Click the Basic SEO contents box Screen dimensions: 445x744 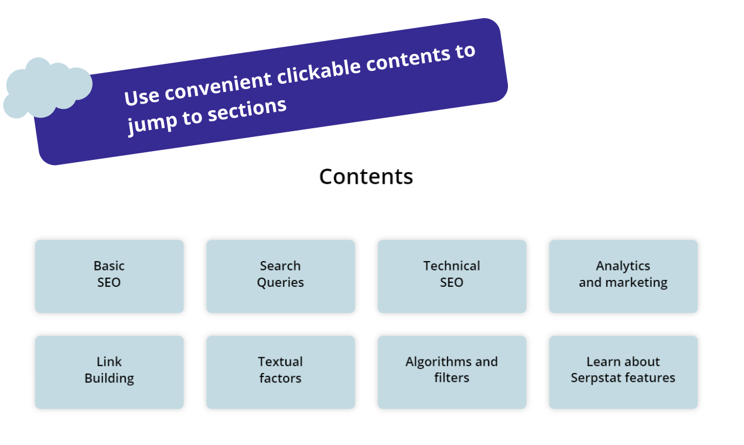coord(109,276)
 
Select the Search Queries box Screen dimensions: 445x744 coord(281,276)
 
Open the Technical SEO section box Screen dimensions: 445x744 coord(452,276)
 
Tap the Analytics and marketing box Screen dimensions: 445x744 coord(623,276)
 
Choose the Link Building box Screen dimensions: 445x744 coord(109,372)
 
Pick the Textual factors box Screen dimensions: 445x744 coord(281,372)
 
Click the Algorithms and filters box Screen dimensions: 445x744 coord(452,372)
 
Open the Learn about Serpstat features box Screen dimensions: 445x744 coord(623,372)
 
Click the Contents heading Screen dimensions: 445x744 coord(366,176)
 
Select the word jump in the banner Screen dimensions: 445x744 coord(144,124)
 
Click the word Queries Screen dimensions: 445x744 coord(281,282)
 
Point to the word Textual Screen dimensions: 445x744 coord(281,362)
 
